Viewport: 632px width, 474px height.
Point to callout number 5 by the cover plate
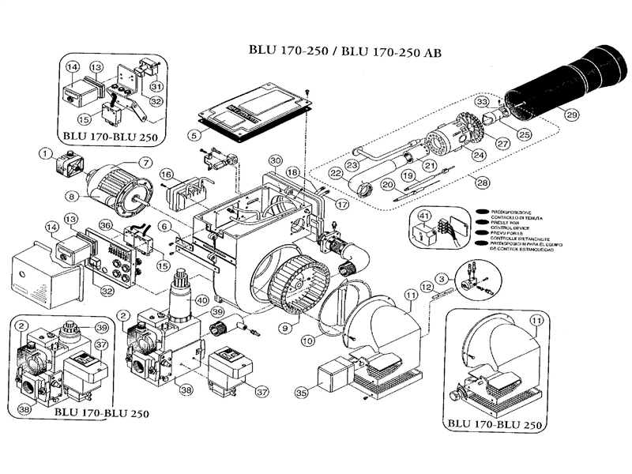[x=194, y=134]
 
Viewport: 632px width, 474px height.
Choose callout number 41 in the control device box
[x=423, y=215]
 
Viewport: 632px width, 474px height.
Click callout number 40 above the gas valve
[x=202, y=299]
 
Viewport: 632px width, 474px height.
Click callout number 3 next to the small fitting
[x=443, y=277]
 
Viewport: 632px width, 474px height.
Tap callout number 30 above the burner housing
[x=275, y=160]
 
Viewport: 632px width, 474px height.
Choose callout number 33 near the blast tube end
[x=481, y=102]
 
